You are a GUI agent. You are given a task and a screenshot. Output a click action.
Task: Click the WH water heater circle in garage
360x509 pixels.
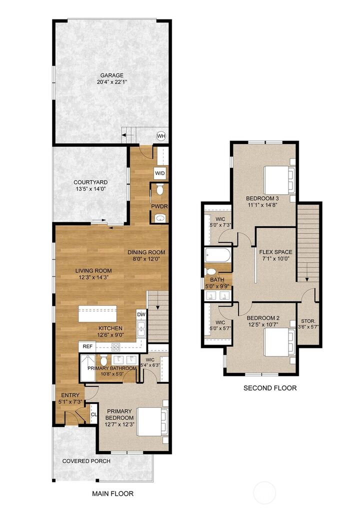[x=161, y=136]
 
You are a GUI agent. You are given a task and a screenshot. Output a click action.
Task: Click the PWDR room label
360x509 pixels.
[x=159, y=206]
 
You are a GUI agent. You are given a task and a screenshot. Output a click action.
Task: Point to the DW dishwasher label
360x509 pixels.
[x=141, y=314]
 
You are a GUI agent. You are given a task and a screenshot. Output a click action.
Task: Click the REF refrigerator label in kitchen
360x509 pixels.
[x=87, y=346]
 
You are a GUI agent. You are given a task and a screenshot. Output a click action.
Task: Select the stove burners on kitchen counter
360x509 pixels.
[x=115, y=346]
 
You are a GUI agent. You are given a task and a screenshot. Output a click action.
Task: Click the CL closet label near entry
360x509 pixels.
[x=93, y=414]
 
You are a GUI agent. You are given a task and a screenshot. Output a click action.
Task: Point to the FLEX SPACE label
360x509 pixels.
[x=275, y=251]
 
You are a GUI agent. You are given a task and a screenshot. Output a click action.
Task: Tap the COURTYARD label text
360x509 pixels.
[x=90, y=182]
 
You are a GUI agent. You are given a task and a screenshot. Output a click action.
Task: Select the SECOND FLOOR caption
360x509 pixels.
[x=270, y=388]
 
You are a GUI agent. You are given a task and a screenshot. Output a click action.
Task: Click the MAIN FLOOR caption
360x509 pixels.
[x=112, y=493]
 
